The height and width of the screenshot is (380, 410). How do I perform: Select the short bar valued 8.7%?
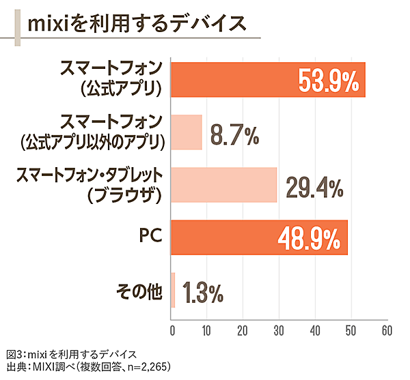pyautogui.click(x=187, y=132)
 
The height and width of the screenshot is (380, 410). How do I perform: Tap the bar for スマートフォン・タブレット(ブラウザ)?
pyautogui.click(x=224, y=185)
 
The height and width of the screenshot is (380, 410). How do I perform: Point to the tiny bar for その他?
pyautogui.click(x=174, y=290)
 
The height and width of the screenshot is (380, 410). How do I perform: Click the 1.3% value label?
pyautogui.click(x=203, y=292)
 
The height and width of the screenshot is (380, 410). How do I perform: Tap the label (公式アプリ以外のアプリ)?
pyautogui.click(x=93, y=142)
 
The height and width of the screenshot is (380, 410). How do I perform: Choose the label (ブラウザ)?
pyautogui.click(x=123, y=196)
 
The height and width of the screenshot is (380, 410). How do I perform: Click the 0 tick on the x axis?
pyautogui.click(x=172, y=331)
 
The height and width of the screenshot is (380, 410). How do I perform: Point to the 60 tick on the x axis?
pyautogui.click(x=386, y=331)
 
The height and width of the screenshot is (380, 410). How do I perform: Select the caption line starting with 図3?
pyautogui.click(x=71, y=354)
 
